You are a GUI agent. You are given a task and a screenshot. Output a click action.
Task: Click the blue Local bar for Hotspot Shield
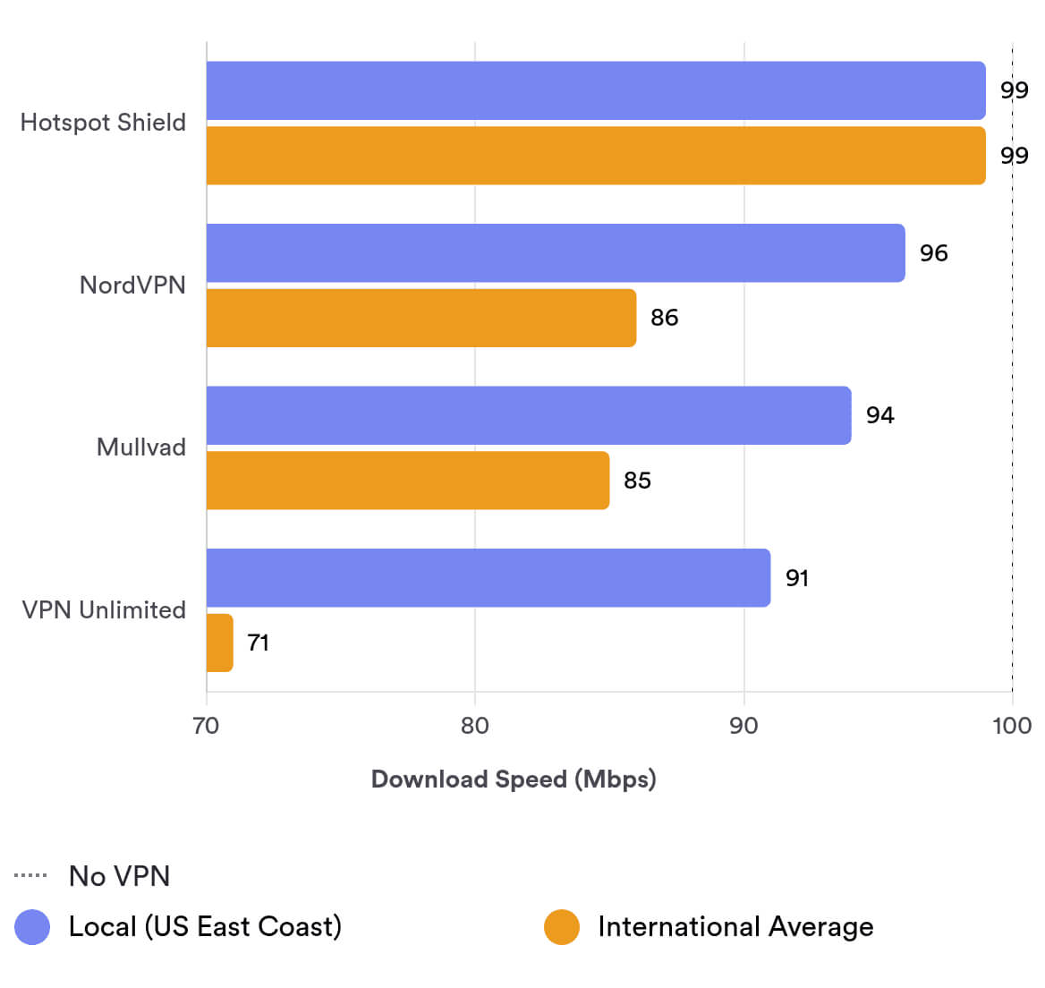[x=596, y=90]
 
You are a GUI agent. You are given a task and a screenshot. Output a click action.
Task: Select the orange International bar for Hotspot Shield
[x=596, y=156]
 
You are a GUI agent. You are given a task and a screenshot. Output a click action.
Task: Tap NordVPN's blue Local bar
[x=556, y=253]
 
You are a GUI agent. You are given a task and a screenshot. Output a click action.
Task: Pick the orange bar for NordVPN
[x=421, y=318]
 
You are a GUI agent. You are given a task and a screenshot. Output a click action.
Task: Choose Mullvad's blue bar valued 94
[x=529, y=415]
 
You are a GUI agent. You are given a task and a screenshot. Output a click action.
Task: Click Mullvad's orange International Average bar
[x=408, y=481]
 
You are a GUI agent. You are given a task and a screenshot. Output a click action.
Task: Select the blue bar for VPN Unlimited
[x=489, y=578]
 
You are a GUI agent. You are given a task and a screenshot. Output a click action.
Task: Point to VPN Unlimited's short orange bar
[x=220, y=643]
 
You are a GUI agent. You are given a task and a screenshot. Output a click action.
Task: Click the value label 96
[x=933, y=253]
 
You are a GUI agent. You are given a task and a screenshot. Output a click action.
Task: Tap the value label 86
[x=664, y=318]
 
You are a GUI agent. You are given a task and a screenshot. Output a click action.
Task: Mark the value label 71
[x=258, y=643]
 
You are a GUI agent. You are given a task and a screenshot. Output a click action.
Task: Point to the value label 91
[x=796, y=578]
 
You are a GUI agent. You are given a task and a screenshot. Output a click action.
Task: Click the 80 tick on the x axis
[x=475, y=725]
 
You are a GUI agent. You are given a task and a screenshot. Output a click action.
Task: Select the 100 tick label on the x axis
[x=1012, y=725]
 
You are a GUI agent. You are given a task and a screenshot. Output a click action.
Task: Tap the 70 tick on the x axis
[x=206, y=725]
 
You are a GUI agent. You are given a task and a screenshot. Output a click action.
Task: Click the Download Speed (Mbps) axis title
[x=514, y=779]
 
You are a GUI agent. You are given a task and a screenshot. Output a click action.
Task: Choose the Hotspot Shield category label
[x=103, y=123]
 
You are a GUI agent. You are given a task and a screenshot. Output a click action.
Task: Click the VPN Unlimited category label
[x=104, y=610]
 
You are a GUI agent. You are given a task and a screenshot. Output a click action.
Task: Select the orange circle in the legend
[x=562, y=927]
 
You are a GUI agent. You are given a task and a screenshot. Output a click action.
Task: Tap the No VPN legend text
[x=119, y=876]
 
